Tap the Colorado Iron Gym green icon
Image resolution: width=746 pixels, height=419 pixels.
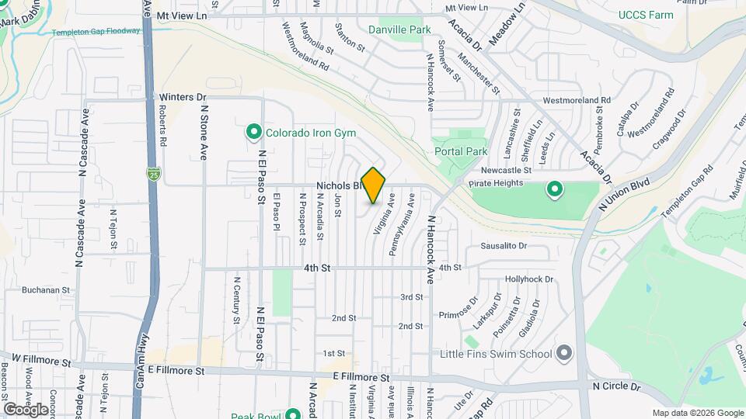(x=253, y=133)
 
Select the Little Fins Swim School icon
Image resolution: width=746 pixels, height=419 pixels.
(x=564, y=354)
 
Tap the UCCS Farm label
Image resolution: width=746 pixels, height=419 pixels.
(x=643, y=15)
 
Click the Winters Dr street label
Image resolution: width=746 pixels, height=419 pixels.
(x=183, y=97)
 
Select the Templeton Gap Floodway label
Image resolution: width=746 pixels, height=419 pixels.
(x=96, y=32)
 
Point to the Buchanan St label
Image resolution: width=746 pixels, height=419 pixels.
(x=47, y=290)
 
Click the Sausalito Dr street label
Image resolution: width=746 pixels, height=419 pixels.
(x=504, y=246)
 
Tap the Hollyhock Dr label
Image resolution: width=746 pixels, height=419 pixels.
(x=528, y=279)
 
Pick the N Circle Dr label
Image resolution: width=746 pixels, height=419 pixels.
(x=615, y=386)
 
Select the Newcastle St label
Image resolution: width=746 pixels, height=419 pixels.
(x=505, y=170)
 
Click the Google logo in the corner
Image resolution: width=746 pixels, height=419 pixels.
(x=26, y=409)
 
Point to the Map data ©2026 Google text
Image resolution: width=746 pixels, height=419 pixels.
(x=697, y=413)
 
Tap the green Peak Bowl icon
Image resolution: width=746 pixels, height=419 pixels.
(x=293, y=414)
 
